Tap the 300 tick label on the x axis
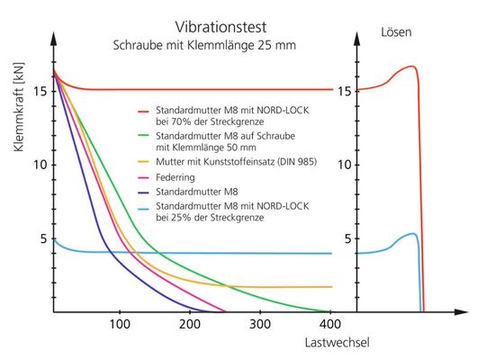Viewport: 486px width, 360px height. click(x=259, y=324)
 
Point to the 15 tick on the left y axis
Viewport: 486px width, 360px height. click(x=39, y=91)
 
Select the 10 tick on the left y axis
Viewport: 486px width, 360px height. click(x=39, y=165)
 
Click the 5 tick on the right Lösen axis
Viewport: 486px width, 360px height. click(x=344, y=238)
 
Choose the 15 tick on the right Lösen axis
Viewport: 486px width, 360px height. click(x=344, y=91)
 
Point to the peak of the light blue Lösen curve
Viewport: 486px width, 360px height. click(x=411, y=234)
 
